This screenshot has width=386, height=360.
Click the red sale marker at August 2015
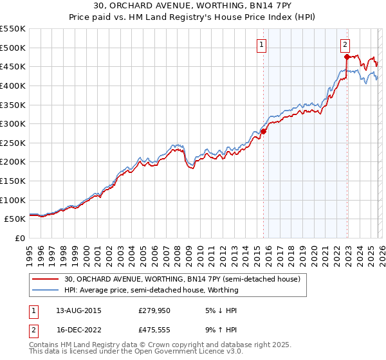coord(263,131)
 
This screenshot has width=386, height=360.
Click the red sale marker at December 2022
coord(347,57)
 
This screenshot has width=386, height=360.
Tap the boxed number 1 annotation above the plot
coord(262,44)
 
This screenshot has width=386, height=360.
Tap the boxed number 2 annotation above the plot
coord(345,44)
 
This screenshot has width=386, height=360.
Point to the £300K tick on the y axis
coord(13,123)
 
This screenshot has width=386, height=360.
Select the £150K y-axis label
coord(13,181)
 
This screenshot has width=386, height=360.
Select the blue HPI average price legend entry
coord(151,290)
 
